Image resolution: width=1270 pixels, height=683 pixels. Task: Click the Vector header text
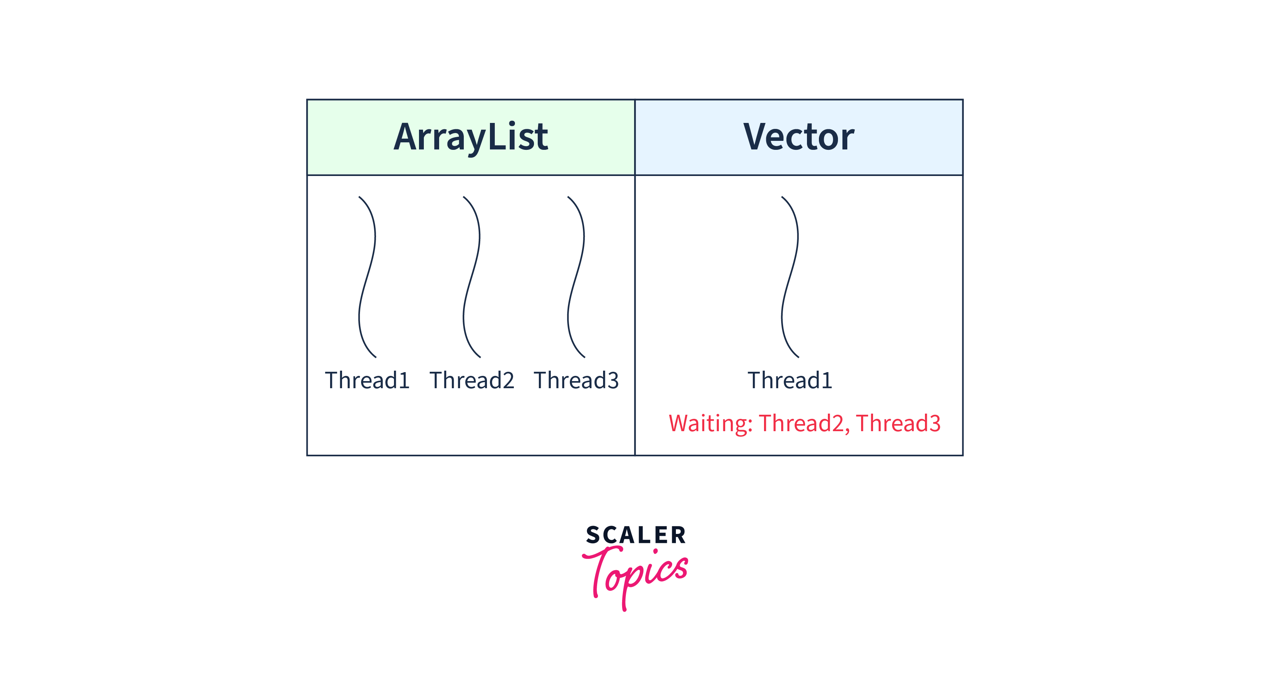799,137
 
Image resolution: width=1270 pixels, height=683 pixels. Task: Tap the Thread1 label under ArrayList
367,380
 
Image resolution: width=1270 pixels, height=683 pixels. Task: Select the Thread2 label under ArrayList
472,380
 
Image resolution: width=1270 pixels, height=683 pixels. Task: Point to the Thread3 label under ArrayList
576,380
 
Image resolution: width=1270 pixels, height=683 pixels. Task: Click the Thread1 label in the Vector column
790,380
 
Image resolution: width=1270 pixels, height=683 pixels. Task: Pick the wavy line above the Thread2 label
471,276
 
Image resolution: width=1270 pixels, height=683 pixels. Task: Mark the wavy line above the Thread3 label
576,276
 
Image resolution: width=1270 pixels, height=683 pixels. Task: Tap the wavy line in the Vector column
790,276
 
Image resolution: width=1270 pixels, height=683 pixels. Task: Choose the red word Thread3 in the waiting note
898,423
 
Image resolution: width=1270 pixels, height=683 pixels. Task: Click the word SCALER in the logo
636,535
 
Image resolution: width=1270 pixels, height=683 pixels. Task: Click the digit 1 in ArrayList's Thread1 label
404,380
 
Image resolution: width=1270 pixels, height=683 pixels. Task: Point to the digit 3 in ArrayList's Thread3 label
613,380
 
